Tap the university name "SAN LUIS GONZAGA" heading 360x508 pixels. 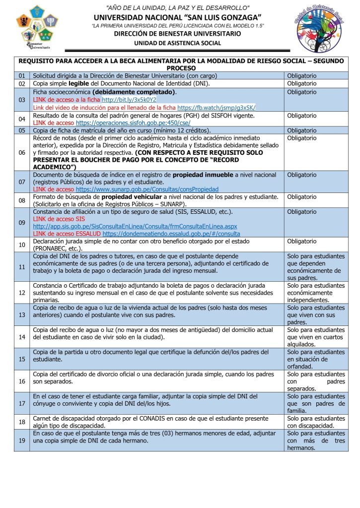point(178,17)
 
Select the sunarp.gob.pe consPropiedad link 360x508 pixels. point(146,189)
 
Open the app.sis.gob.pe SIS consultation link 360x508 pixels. point(135,226)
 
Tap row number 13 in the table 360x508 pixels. point(21,315)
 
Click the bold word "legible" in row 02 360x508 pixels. point(80,83)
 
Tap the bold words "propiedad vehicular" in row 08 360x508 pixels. point(127,197)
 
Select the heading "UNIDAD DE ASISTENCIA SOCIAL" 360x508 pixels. point(178,43)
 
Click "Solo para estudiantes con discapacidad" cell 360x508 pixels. point(316,422)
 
